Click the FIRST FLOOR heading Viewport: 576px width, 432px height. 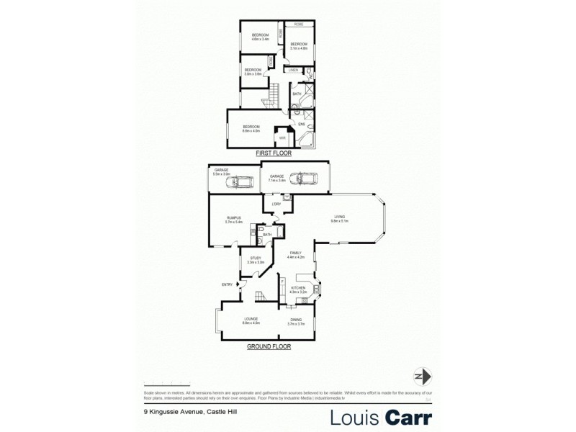[x=272, y=154]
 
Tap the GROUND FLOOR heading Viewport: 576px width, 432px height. [x=269, y=346]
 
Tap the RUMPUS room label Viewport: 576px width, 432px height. [x=233, y=217]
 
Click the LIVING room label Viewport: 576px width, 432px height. [x=339, y=217]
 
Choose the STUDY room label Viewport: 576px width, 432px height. [x=256, y=258]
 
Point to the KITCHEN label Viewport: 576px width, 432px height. [x=298, y=288]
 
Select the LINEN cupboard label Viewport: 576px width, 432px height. [x=293, y=70]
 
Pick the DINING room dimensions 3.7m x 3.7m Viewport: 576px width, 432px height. [x=297, y=324]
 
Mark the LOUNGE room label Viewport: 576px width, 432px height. [x=251, y=318]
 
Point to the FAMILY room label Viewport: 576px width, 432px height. [x=296, y=253]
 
